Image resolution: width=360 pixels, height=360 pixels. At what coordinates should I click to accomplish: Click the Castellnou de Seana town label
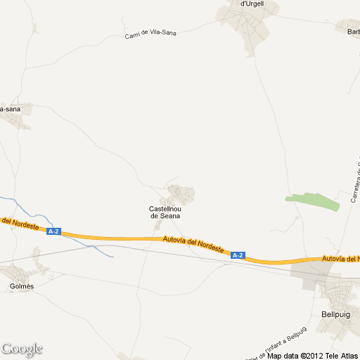click(165, 212)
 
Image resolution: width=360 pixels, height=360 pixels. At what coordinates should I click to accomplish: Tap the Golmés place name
click(22, 286)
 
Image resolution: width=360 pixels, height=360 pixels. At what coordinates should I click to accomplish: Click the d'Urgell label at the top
click(252, 4)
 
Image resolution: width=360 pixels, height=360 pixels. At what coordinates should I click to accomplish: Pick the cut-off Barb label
click(352, 31)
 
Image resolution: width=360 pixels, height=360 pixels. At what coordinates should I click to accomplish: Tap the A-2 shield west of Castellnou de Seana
click(54, 231)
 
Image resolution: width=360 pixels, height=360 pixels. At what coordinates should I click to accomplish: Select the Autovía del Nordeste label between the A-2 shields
click(193, 245)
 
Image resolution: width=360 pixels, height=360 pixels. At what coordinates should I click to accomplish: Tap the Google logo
click(22, 349)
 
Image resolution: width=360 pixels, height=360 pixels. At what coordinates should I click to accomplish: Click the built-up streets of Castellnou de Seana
click(181, 192)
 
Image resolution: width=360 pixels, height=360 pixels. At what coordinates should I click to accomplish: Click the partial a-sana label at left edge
click(10, 109)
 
